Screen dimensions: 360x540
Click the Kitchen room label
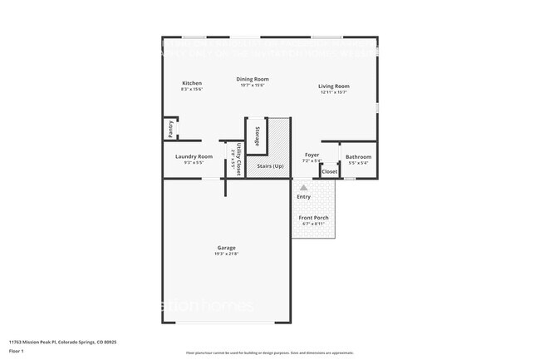pos(192,83)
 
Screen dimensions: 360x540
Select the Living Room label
pos(334,86)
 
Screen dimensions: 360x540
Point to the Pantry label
pos(170,129)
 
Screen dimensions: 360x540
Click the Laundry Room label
pos(194,156)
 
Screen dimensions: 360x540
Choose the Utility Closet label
pos(238,158)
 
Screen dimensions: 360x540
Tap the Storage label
pos(258,137)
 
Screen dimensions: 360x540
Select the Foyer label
pos(312,155)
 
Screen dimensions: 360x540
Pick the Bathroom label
pos(358,156)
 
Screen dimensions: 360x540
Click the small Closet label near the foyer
pos(329,172)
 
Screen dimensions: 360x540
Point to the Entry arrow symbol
pos(303,188)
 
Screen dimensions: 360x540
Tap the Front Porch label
pos(313,218)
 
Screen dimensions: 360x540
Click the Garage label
pos(226,247)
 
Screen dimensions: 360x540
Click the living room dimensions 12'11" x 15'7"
pos(334,91)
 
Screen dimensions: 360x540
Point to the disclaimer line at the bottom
pos(269,353)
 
